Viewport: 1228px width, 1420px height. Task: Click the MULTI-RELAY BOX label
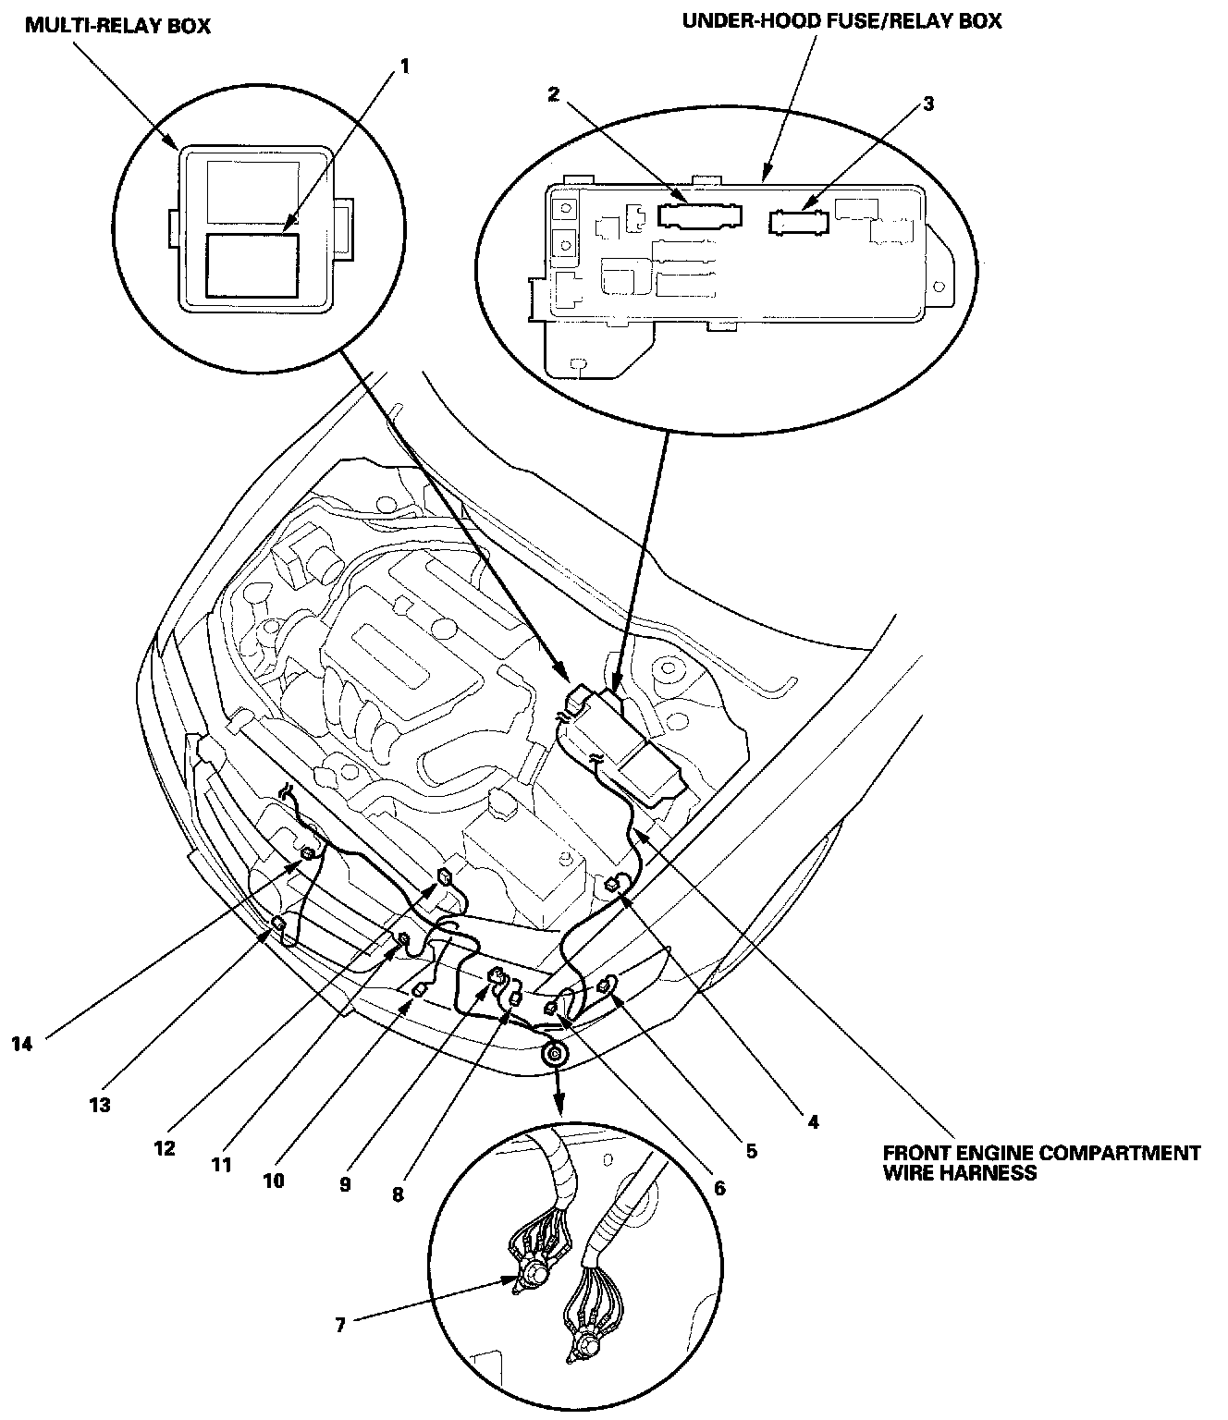[x=117, y=25]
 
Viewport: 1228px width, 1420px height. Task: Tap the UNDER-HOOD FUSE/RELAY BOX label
[x=841, y=20]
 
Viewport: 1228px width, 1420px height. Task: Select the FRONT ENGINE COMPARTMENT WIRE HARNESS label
[x=1041, y=1163]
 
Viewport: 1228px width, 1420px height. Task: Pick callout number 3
[x=928, y=104]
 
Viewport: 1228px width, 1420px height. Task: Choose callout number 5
[x=751, y=1151]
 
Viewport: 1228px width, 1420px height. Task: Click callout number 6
[x=720, y=1187]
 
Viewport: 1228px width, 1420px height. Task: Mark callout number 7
[x=340, y=1325]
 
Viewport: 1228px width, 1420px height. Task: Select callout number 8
[x=398, y=1194]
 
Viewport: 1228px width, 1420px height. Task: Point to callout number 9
[x=344, y=1184]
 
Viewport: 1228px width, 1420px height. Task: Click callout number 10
[x=274, y=1180]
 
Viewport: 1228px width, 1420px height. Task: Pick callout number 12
[x=166, y=1147]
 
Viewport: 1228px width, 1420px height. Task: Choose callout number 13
[x=100, y=1104]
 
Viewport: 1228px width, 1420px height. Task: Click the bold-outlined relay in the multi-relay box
[x=252, y=264]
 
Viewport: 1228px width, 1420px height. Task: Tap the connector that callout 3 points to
[x=801, y=223]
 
